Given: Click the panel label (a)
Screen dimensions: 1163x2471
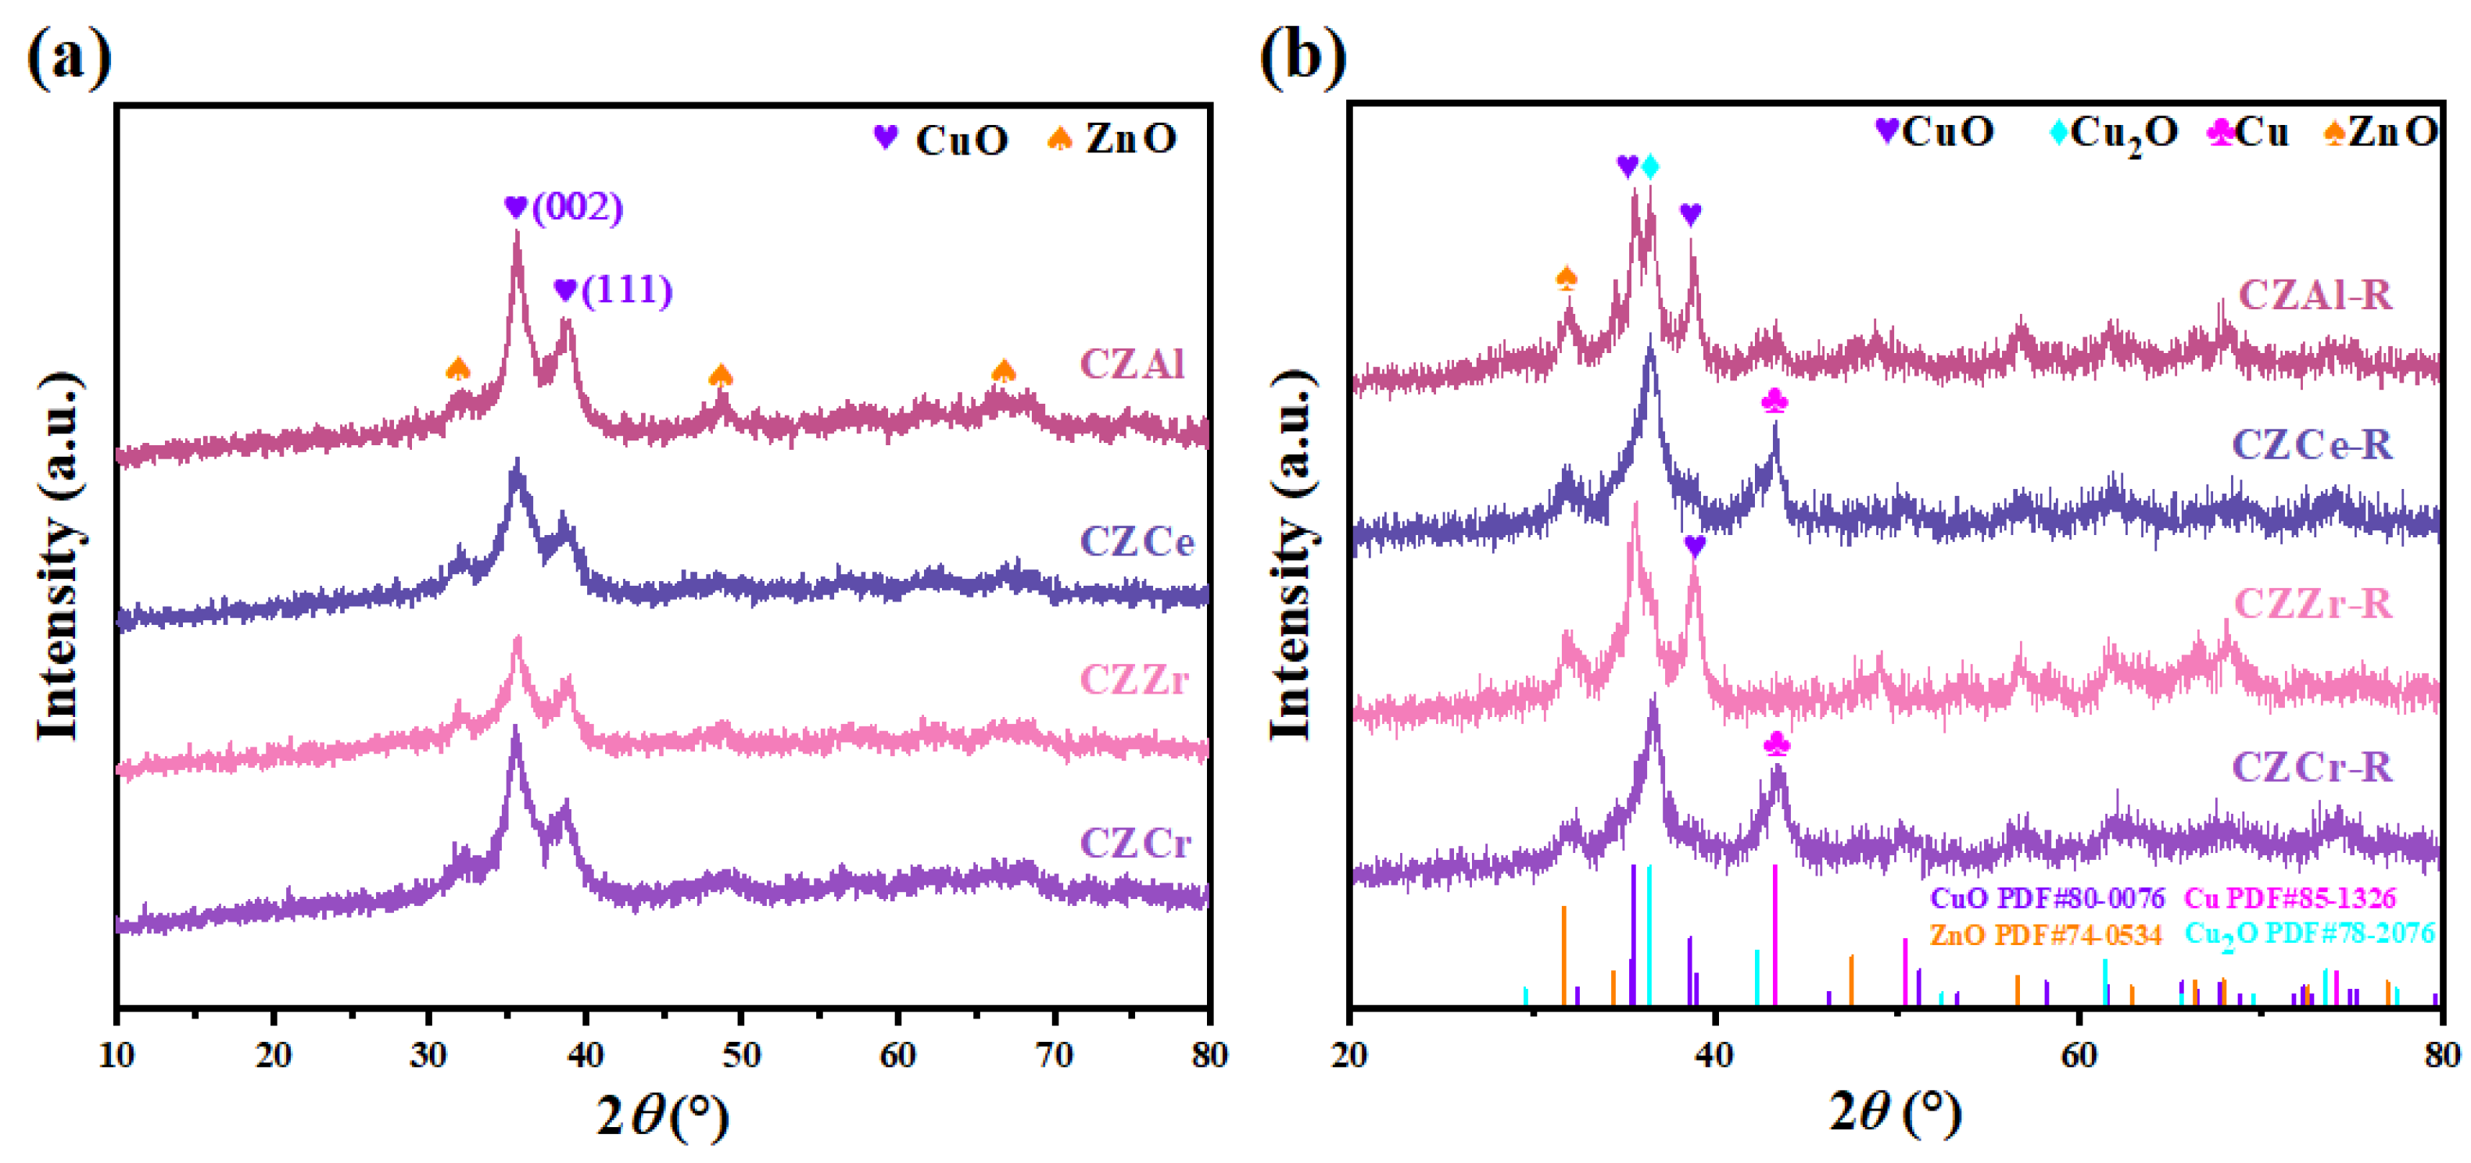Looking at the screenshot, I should pyautogui.click(x=68, y=58).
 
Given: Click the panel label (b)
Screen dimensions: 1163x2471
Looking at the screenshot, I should pyautogui.click(x=1302, y=58).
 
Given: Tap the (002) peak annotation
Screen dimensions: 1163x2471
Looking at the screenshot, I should pyautogui.click(x=576, y=207).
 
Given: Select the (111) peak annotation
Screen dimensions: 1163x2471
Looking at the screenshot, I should pyautogui.click(x=626, y=290).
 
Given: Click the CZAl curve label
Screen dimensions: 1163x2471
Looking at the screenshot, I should pyautogui.click(x=1132, y=364).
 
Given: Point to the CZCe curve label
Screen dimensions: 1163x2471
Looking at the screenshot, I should pyautogui.click(x=1137, y=543).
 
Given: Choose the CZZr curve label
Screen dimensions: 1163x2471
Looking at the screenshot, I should pyautogui.click(x=1133, y=680).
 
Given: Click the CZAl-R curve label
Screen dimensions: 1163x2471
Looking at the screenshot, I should pyautogui.click(x=2315, y=295).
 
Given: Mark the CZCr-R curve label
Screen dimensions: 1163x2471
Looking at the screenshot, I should pyautogui.click(x=2312, y=767).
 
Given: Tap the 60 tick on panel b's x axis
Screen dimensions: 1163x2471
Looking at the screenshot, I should pyautogui.click(x=2078, y=1054).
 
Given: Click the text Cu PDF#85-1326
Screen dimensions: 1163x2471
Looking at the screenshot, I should pyautogui.click(x=2290, y=898).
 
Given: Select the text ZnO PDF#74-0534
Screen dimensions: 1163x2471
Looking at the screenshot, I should pyautogui.click(x=2045, y=934).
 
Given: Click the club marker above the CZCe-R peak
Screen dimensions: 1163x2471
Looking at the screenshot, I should pyautogui.click(x=1774, y=401).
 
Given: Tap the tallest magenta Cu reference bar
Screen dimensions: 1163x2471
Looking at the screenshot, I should pyautogui.click(x=1775, y=935).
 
